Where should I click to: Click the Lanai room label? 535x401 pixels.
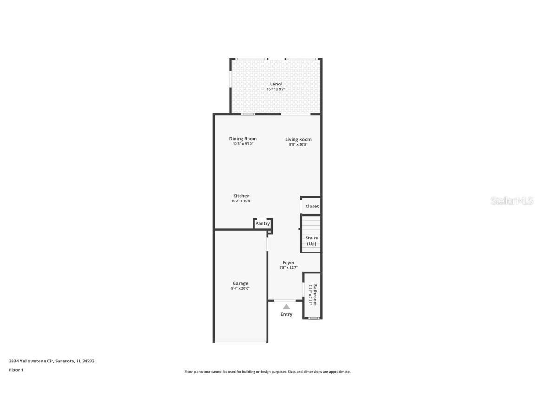pos(276,84)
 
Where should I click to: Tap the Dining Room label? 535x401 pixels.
pos(243,139)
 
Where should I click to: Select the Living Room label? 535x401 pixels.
pos(298,139)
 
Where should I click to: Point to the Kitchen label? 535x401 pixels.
pos(241,196)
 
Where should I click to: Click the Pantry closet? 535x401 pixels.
pos(262,224)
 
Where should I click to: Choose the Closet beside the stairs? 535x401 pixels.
pos(312,206)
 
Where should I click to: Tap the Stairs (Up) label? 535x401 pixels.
pos(312,241)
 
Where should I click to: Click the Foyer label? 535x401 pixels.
pos(288,263)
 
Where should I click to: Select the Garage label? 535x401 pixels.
pos(241,283)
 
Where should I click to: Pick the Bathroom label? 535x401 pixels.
pos(315,295)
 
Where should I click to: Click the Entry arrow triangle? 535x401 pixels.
pos(287,306)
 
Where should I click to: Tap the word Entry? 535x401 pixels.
pos(287,314)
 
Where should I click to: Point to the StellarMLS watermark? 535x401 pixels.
pos(513,201)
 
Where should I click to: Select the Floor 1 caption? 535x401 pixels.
pos(16,370)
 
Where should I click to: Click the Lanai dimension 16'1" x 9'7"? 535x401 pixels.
pos(276,89)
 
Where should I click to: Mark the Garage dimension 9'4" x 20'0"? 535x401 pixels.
pos(241,288)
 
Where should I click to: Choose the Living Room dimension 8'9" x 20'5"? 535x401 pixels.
pos(298,144)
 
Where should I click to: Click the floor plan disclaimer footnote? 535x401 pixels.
pos(267,372)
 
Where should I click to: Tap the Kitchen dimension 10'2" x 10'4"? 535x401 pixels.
pos(241,201)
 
